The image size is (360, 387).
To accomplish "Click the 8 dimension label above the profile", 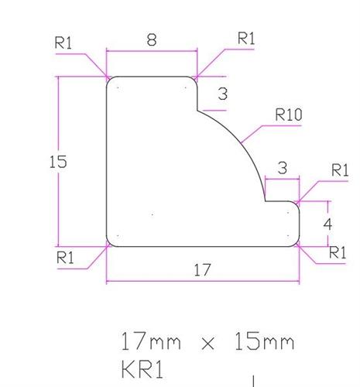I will tap(152, 40).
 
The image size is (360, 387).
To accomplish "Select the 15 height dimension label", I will tap(57, 162).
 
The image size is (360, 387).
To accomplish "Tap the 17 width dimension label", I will tap(203, 269).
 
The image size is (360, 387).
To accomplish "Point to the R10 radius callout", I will tap(288, 115).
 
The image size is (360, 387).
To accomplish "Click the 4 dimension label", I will tap(327, 224).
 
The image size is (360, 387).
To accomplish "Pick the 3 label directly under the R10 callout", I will tap(282, 167).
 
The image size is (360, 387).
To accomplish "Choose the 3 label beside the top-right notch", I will tap(222, 94).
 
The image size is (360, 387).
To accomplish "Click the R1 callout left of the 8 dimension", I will tap(63, 43).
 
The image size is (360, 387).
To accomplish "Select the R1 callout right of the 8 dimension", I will tap(246, 37).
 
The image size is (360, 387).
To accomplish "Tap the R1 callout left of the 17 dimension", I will tap(67, 258).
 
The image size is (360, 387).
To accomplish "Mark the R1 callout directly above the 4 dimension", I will tap(339, 170).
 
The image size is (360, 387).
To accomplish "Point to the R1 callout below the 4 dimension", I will tap(338, 252).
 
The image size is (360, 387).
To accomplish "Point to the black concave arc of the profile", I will tap(245, 144).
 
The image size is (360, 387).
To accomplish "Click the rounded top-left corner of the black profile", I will tap(109, 80).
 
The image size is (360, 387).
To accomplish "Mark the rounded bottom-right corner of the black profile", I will tap(297, 243).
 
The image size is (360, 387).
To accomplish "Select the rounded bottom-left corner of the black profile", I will tap(109, 243).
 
